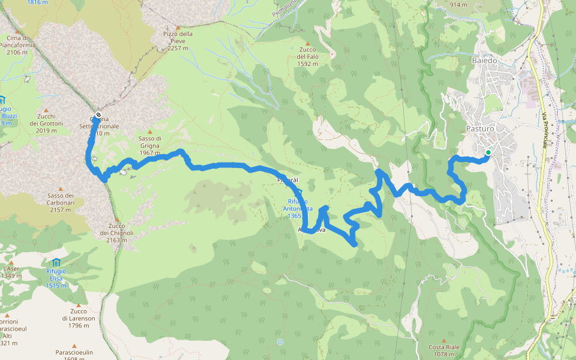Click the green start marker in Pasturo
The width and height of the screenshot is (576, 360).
[488, 152]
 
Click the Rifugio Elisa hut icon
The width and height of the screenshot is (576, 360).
[56, 262]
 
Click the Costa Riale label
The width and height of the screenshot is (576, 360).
[444, 350]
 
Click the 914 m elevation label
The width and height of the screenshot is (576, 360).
[458, 5]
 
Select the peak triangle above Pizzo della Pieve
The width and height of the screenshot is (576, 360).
[178, 26]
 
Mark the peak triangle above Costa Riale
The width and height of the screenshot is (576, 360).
[444, 340]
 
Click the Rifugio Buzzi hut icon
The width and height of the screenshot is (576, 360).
[2, 100]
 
